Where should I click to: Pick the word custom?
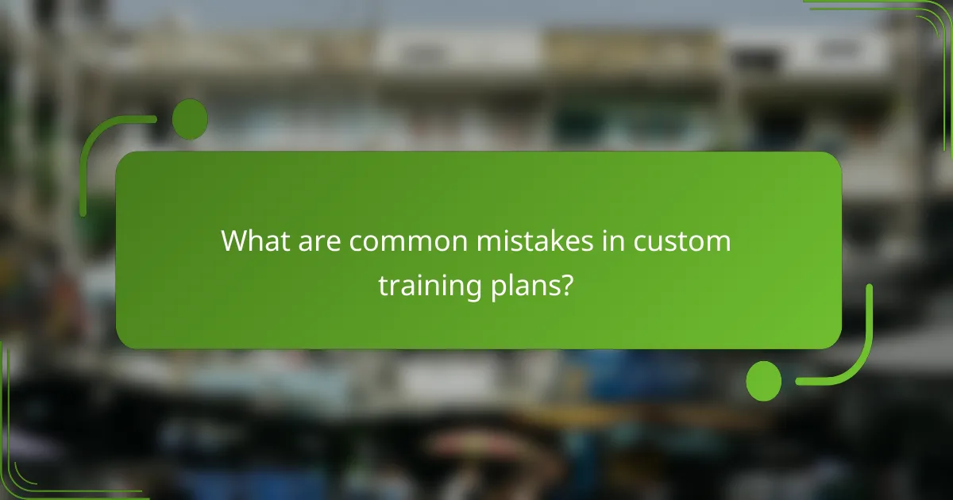point(682,240)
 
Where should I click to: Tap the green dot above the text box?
point(190,118)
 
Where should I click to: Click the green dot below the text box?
point(763,381)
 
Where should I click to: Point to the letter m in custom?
point(716,240)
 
